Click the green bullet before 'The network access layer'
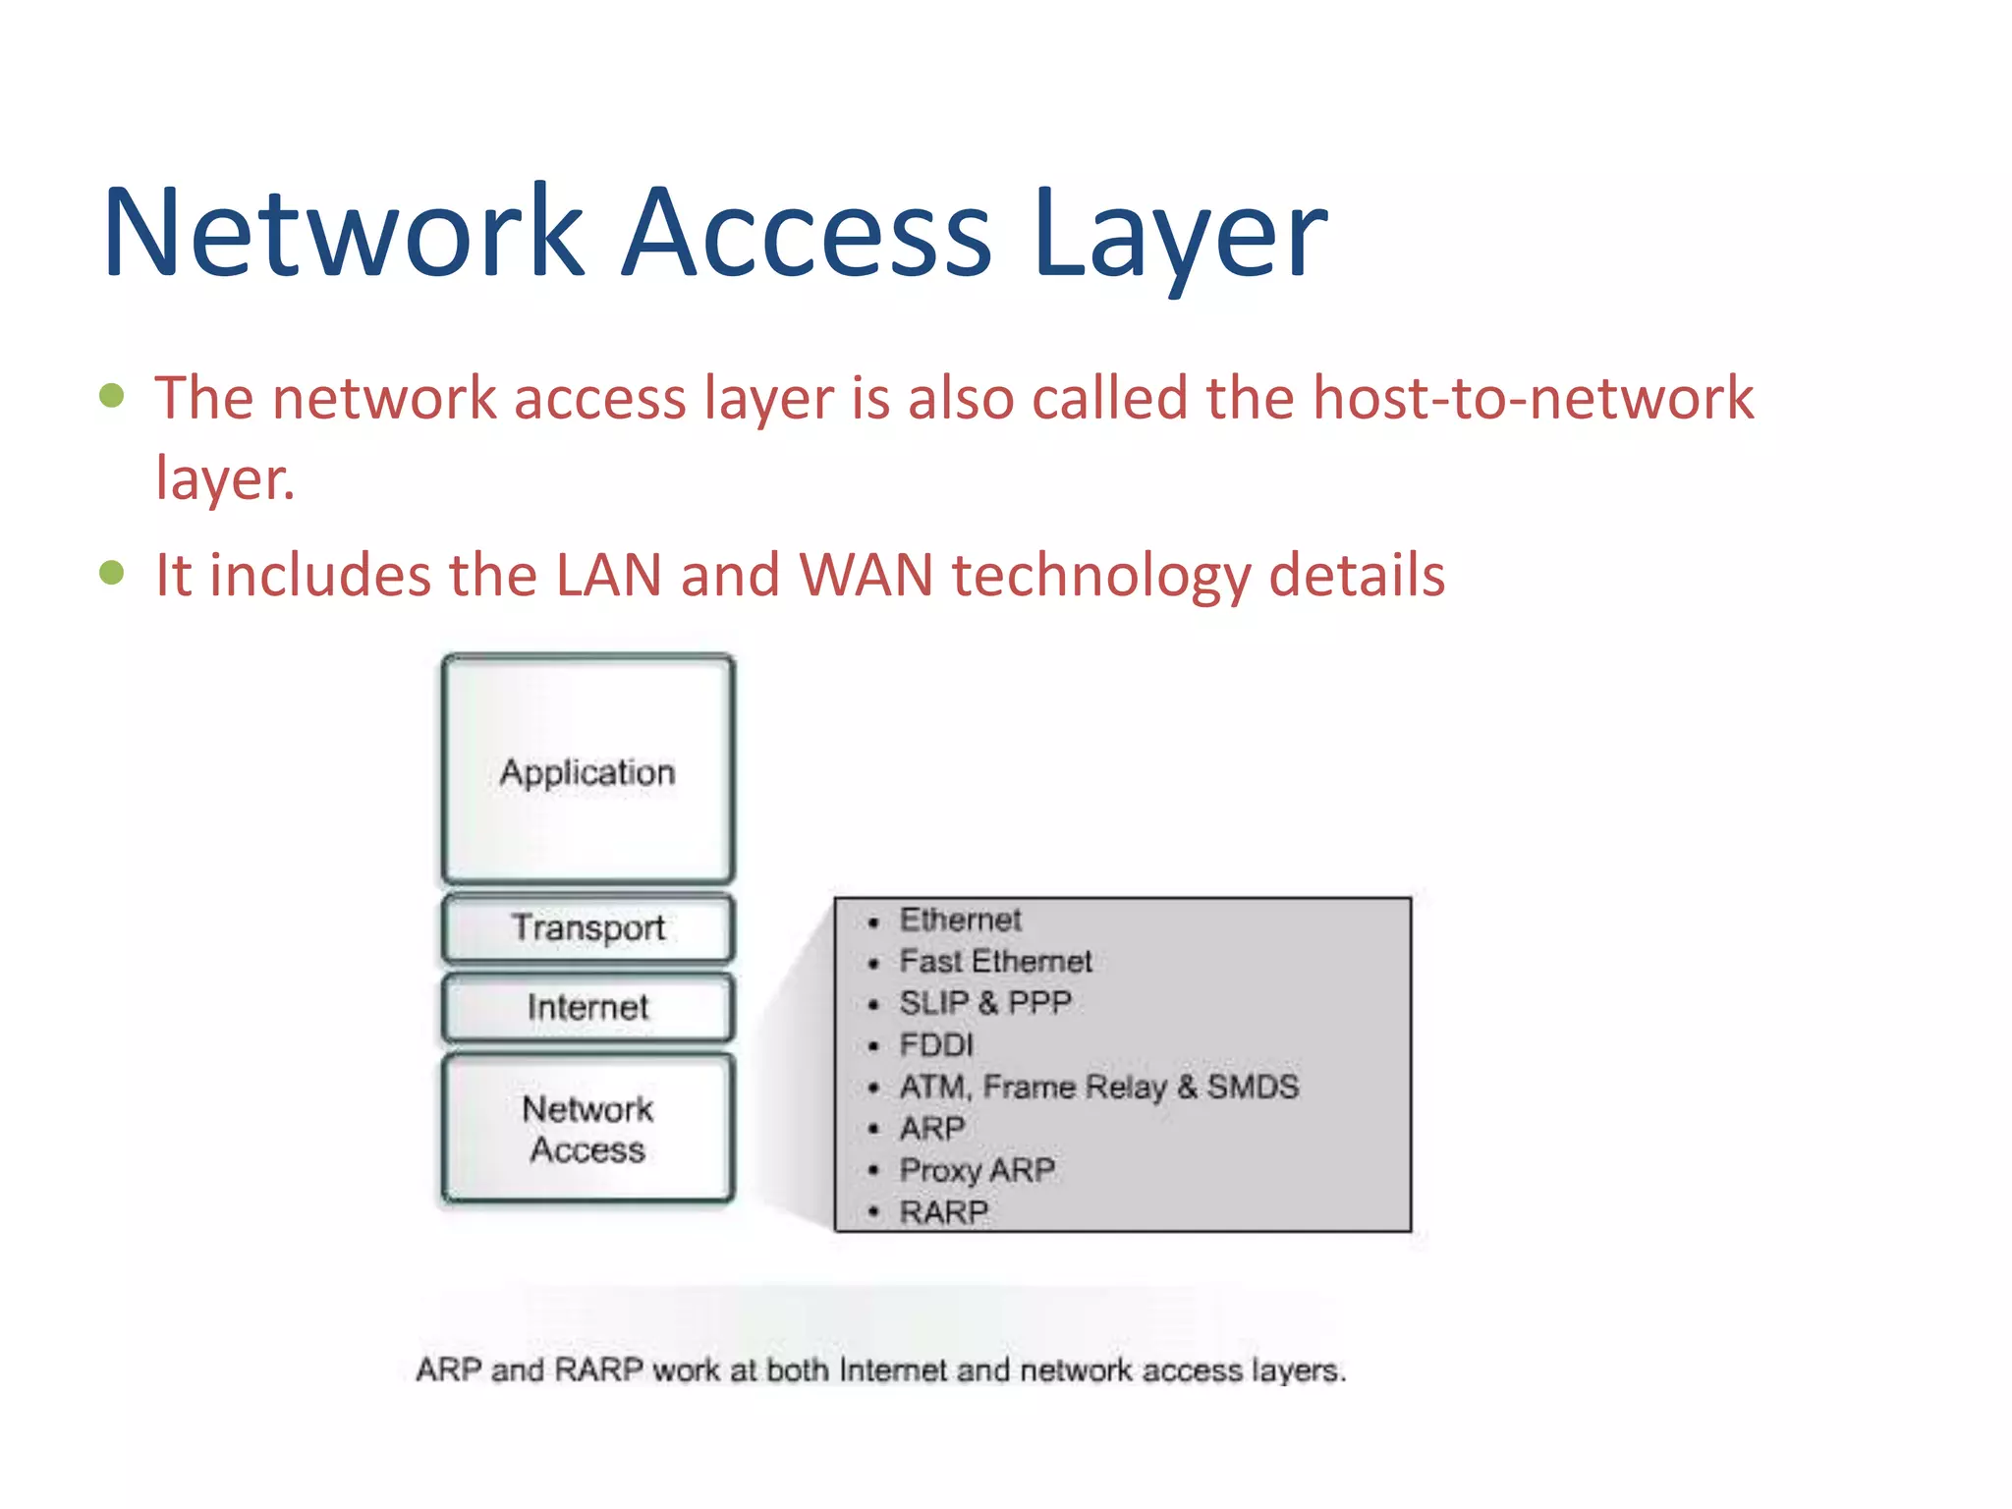[x=112, y=395]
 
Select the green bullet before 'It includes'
[x=112, y=572]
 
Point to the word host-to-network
[x=1533, y=398]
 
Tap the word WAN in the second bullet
[x=866, y=575]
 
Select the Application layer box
[x=587, y=770]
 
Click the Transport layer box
[x=587, y=927]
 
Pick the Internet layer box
[x=587, y=1007]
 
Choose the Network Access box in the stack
[x=587, y=1129]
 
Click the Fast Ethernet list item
[x=994, y=961]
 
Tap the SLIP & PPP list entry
[x=984, y=1003]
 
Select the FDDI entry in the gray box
[x=935, y=1044]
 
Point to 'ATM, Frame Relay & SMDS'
[x=1098, y=1087]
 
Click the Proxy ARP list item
[x=977, y=1170]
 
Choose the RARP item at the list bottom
[x=943, y=1212]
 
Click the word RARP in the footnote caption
[x=598, y=1369]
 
